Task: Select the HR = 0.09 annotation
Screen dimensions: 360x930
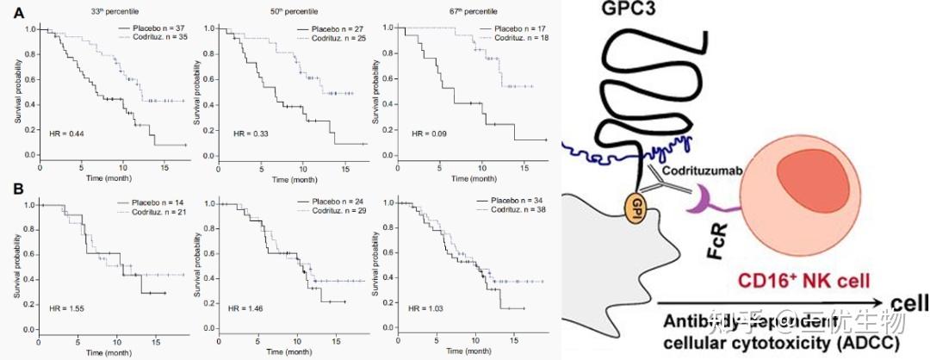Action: click(x=428, y=134)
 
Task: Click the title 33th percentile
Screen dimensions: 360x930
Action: click(x=96, y=11)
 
